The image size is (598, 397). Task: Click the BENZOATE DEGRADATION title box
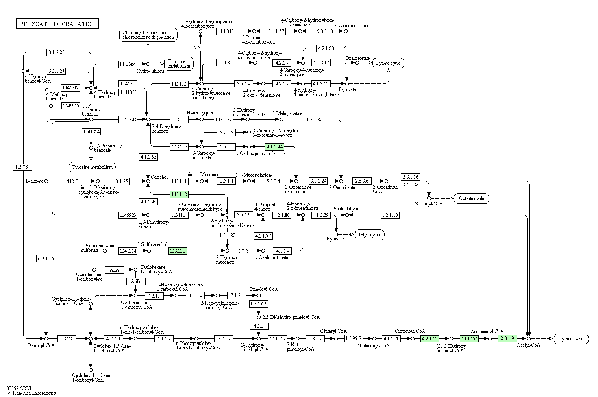[57, 24]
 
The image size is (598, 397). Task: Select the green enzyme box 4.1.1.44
[274, 147]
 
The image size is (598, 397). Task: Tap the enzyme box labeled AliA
[114, 270]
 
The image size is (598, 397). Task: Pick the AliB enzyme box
[136, 281]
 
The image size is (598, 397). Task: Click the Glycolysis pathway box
[370, 235]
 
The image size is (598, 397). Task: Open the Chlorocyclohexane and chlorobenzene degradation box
[148, 35]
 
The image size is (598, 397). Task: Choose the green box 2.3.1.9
[507, 338]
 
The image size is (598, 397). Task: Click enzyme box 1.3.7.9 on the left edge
[22, 167]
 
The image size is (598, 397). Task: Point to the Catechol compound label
[159, 177]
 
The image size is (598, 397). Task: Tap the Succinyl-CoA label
[429, 203]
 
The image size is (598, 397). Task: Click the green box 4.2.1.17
[430, 338]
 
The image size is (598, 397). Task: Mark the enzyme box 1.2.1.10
[390, 215]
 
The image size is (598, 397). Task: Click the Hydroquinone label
[150, 71]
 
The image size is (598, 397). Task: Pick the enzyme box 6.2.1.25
[46, 259]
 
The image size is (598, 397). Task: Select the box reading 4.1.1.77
[263, 236]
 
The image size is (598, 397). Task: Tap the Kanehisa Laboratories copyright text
[31, 393]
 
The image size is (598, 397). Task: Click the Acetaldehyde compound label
[346, 209]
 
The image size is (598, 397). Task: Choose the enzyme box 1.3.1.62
[259, 304]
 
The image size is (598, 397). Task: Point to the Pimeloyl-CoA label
[264, 289]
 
